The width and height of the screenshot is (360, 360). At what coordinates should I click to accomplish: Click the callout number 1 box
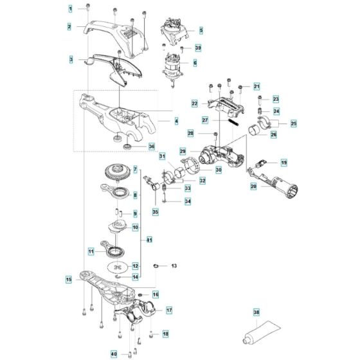coord(71,8)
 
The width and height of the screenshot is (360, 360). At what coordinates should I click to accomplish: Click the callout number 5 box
coord(200,30)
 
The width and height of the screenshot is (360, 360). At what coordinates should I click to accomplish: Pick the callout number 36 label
coord(152,146)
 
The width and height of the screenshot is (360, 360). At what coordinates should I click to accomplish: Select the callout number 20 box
coord(255,186)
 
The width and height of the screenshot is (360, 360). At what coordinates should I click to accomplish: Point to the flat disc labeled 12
coord(118,266)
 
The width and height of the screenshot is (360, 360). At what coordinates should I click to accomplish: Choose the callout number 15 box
coord(69,280)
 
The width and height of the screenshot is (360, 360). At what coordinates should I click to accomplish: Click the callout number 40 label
coord(114,353)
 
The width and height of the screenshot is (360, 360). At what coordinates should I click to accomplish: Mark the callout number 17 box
coord(169,310)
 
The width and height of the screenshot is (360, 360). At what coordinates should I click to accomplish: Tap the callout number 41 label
coord(149,240)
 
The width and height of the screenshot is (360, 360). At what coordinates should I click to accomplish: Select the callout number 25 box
coord(294,123)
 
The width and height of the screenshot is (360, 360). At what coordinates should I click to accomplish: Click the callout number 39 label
coord(199,48)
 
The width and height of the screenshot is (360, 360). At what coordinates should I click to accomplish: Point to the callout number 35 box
coord(155,212)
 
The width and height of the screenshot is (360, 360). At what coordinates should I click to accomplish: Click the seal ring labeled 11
coord(118,250)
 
